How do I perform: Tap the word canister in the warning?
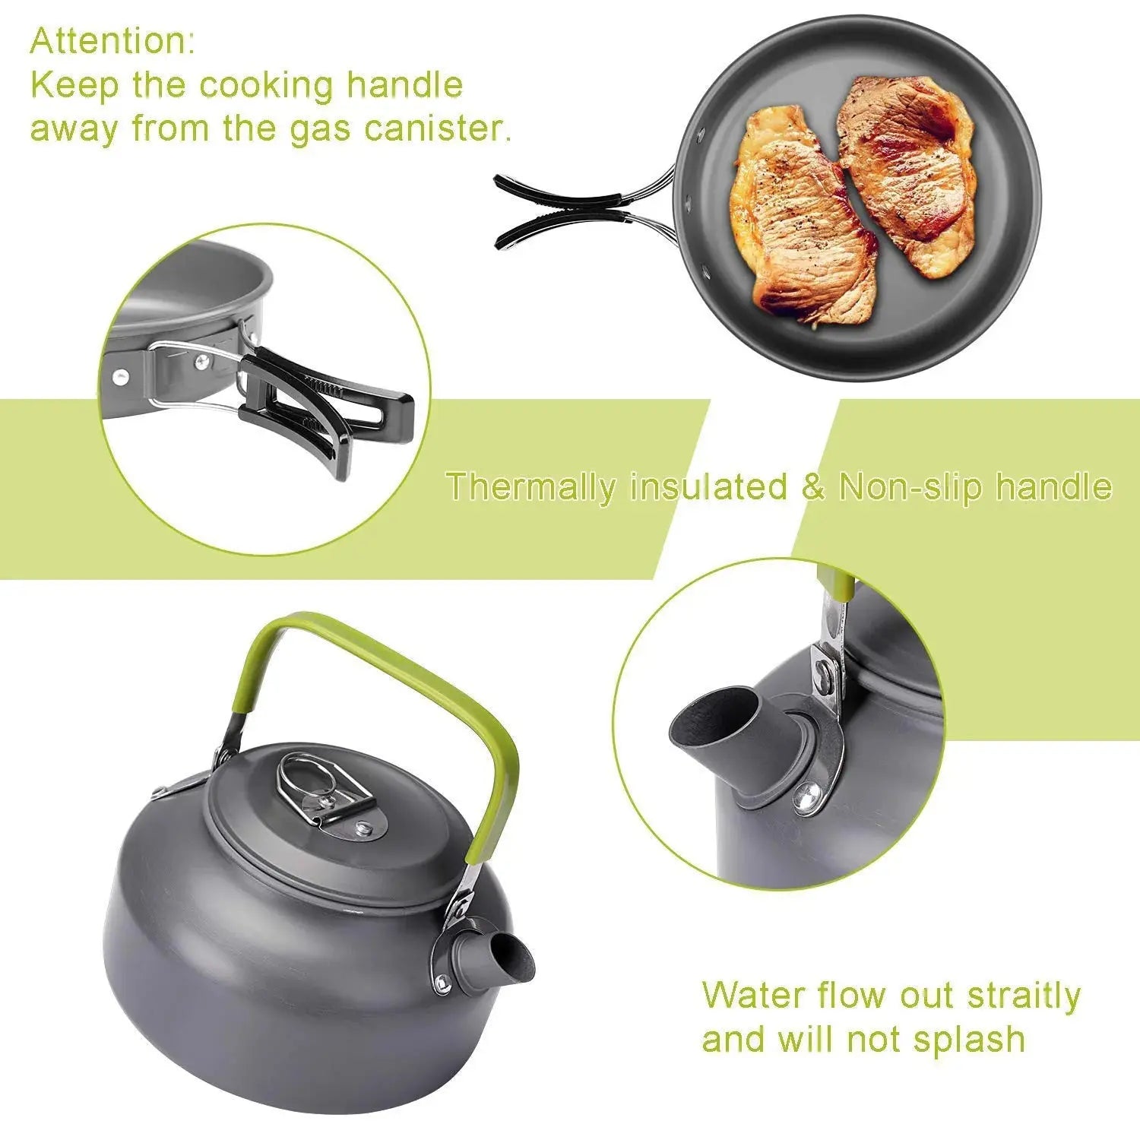pyautogui.click(x=435, y=128)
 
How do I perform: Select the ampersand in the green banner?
pyautogui.click(x=812, y=487)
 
